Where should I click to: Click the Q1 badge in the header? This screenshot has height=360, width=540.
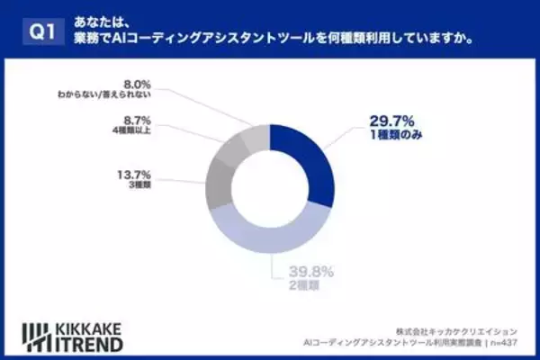[40, 31]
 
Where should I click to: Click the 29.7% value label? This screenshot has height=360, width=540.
[394, 121]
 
